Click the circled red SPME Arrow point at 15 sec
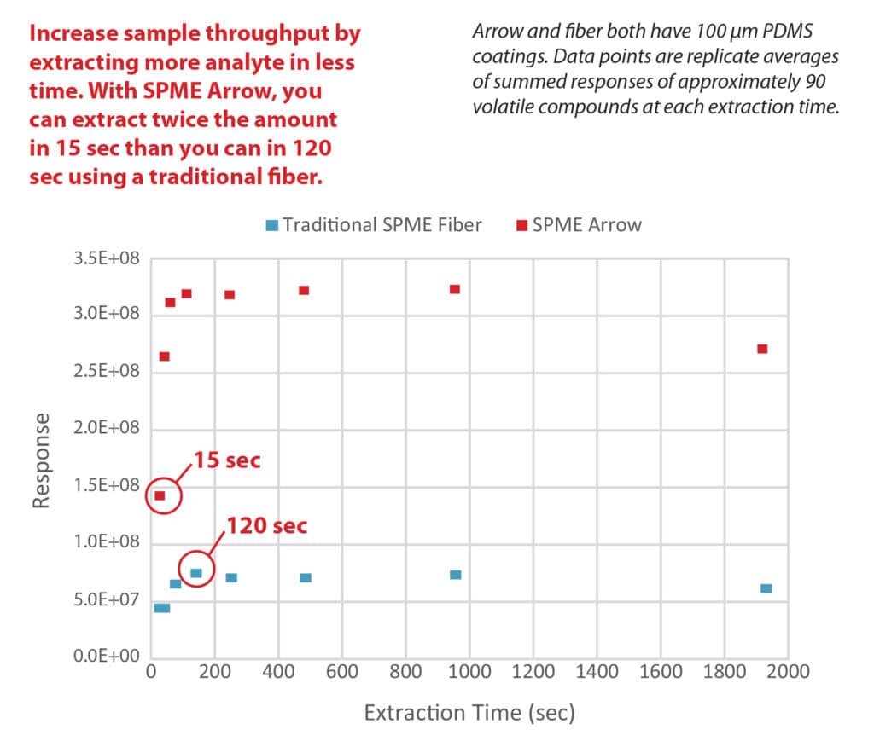[160, 495]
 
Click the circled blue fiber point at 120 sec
[195, 573]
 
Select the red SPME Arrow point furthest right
[762, 349]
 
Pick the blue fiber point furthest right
[766, 588]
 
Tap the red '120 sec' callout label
[266, 524]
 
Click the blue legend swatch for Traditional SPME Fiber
[271, 226]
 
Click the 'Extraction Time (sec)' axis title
[469, 712]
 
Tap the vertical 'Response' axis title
[42, 461]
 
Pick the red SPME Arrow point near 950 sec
[455, 289]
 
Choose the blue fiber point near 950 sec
[456, 575]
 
